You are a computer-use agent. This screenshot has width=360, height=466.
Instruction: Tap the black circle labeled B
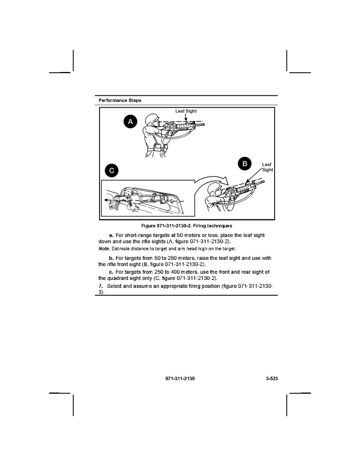(x=245, y=164)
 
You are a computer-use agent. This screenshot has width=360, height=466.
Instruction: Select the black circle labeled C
(x=112, y=171)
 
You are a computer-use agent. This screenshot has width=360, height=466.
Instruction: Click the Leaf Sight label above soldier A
(x=186, y=111)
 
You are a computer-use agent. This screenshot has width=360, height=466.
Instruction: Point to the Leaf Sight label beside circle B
(x=267, y=167)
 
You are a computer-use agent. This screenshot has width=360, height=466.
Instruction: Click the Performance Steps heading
(x=120, y=100)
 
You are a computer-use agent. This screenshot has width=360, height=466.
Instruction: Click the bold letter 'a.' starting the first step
(x=111, y=236)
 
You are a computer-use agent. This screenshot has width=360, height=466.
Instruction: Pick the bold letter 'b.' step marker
(x=111, y=258)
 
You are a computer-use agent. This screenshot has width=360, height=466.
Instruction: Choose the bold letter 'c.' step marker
(x=111, y=272)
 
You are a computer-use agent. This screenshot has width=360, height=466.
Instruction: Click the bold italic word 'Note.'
(x=104, y=249)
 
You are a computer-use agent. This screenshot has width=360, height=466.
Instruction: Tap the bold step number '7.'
(x=101, y=286)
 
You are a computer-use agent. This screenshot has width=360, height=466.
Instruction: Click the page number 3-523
(x=269, y=378)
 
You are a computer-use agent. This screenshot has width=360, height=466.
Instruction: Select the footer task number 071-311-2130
(x=180, y=378)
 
